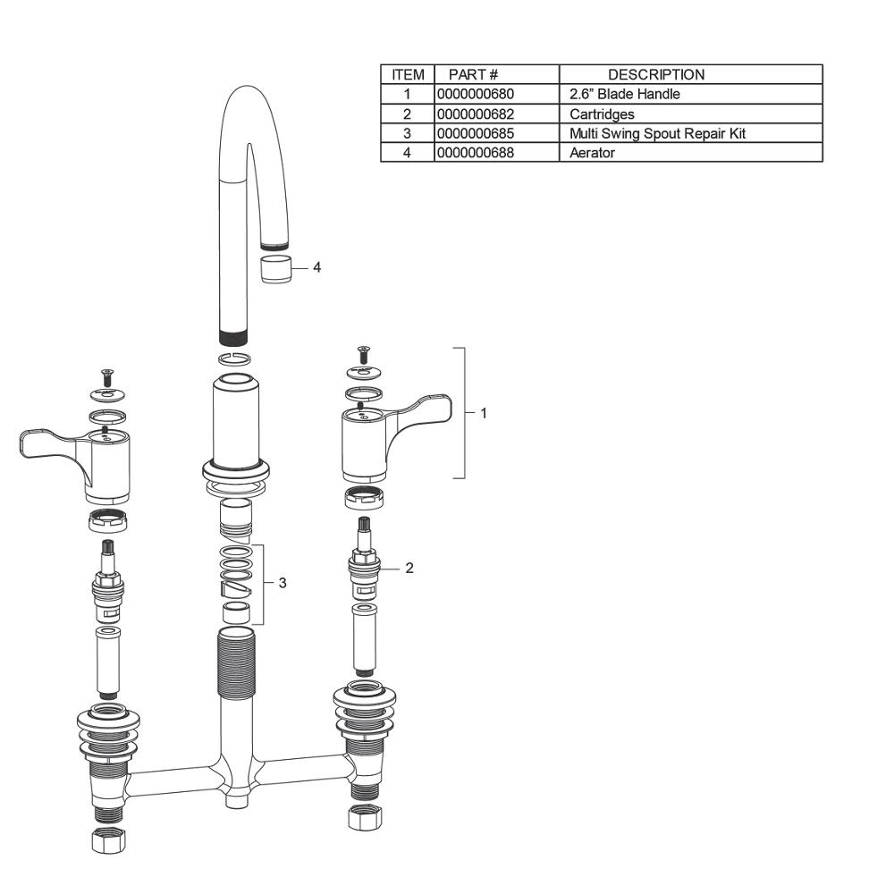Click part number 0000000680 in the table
click(x=476, y=94)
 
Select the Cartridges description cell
click(x=602, y=114)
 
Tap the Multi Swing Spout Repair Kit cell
click(x=657, y=133)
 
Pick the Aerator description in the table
click(x=592, y=153)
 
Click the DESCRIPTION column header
click(x=656, y=75)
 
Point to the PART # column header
click(x=473, y=75)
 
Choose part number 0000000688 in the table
click(x=476, y=153)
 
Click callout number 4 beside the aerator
click(x=317, y=266)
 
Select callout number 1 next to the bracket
click(x=484, y=413)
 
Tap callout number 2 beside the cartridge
click(x=409, y=568)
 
